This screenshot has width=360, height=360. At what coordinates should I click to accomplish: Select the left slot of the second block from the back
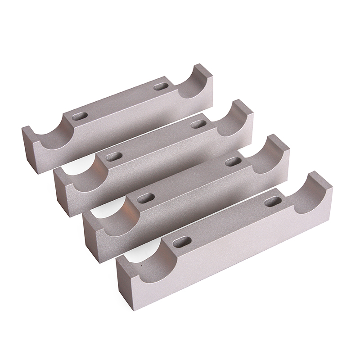(114, 157)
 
